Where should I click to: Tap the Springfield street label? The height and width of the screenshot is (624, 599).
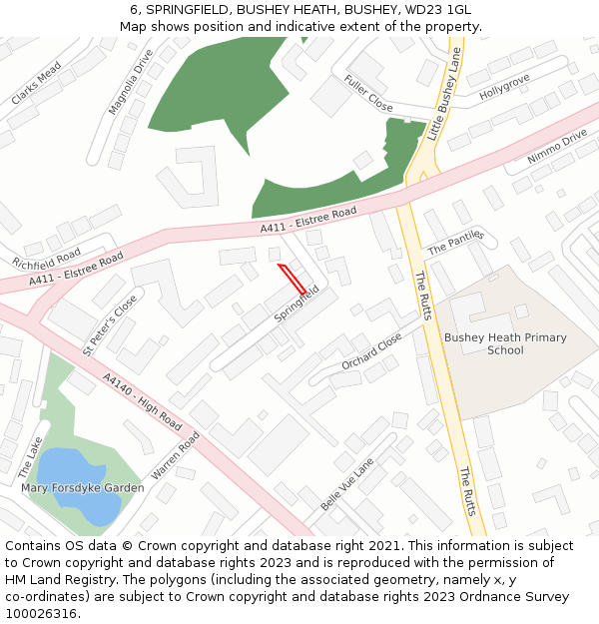(x=298, y=305)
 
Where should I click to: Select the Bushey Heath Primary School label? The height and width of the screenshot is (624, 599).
(x=505, y=343)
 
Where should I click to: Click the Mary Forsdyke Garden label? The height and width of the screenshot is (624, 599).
(x=83, y=488)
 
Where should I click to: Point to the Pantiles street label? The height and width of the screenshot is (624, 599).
(x=455, y=242)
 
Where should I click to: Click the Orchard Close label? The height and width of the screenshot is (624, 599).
(x=371, y=350)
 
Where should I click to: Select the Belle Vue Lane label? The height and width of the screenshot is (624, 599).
(x=346, y=485)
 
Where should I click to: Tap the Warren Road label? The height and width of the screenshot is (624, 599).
(x=176, y=455)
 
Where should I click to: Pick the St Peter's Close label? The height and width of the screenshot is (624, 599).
(x=110, y=324)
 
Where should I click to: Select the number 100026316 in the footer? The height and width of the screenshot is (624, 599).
(x=39, y=613)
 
